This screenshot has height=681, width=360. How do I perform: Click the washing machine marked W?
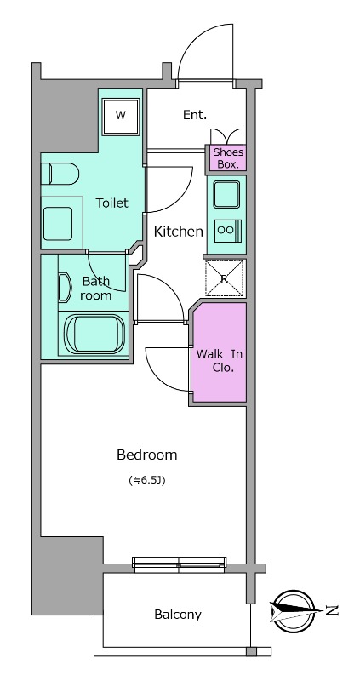click(x=121, y=117)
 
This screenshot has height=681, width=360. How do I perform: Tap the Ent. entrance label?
click(x=195, y=115)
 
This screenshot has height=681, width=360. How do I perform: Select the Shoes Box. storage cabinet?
click(x=228, y=157)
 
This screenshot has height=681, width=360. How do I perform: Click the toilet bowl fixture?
click(x=60, y=174)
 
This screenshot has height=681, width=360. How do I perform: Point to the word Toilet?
click(x=112, y=203)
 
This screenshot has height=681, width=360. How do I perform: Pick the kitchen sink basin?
click(x=226, y=194)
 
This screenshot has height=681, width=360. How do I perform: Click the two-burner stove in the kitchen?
click(x=228, y=231)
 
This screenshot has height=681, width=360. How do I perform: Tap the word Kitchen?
click(x=179, y=232)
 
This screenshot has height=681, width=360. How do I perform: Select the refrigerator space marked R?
click(x=225, y=278)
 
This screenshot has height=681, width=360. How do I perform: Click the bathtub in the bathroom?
click(x=95, y=334)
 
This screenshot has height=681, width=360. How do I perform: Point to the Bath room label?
click(x=96, y=288)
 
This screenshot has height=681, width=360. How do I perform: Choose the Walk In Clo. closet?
click(x=220, y=352)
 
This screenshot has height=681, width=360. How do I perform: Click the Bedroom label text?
click(x=146, y=455)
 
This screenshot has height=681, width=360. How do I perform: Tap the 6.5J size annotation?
click(x=147, y=480)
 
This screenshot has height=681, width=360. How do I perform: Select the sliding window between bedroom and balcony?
click(x=179, y=564)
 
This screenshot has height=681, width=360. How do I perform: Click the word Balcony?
click(x=178, y=615)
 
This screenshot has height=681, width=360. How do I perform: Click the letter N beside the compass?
click(x=332, y=611)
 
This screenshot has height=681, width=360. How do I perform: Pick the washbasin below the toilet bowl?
click(x=58, y=223)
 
